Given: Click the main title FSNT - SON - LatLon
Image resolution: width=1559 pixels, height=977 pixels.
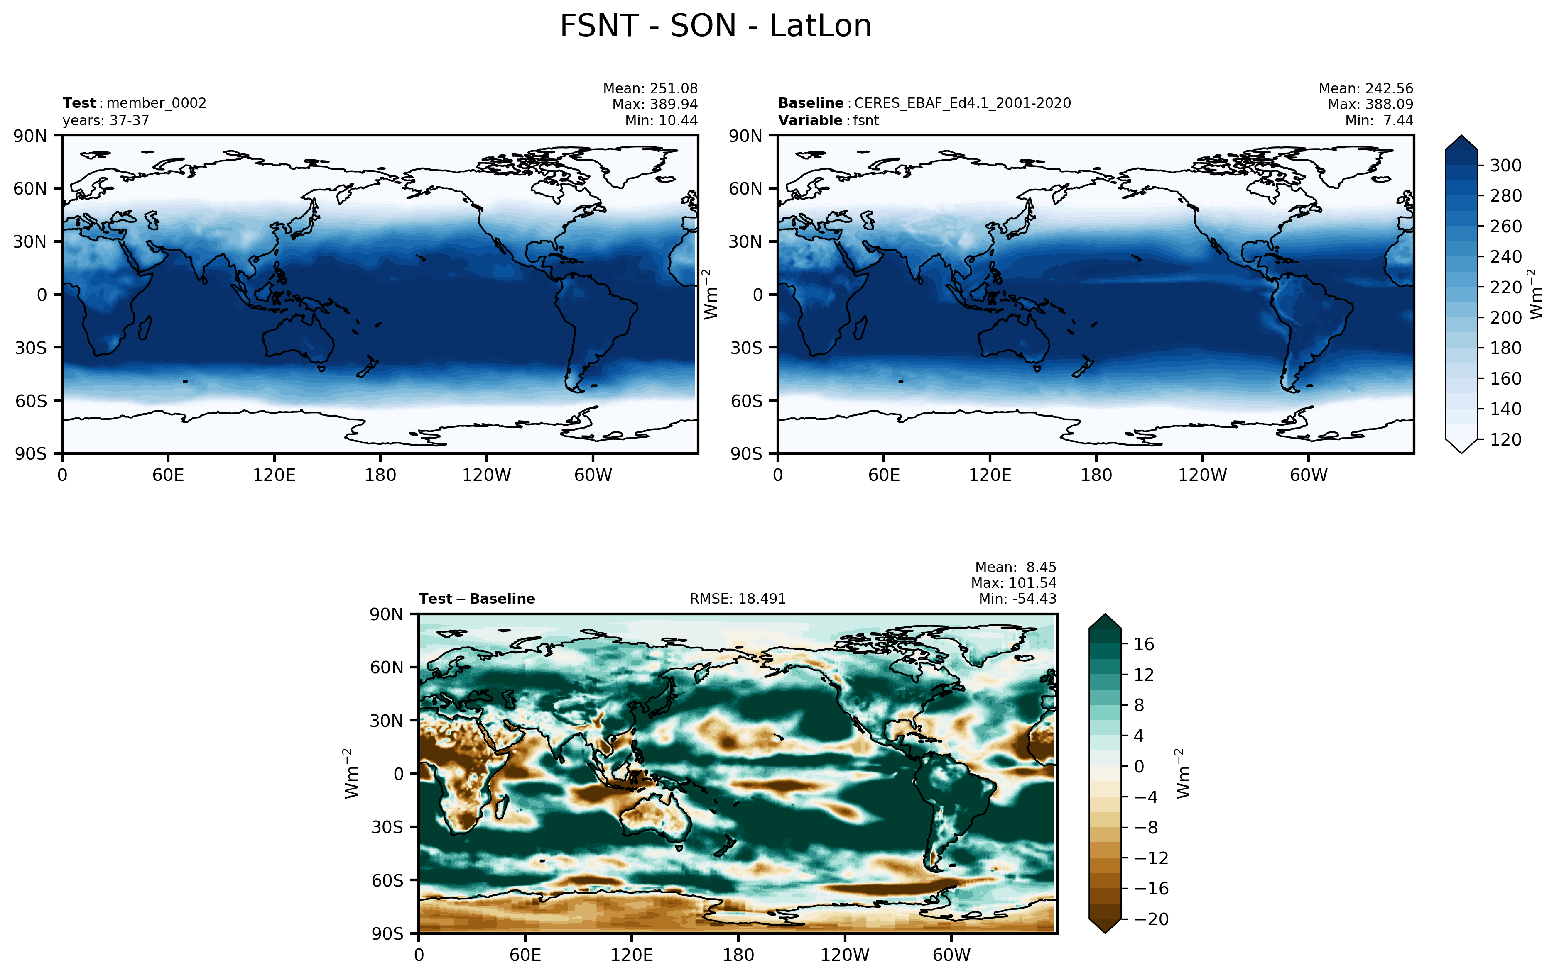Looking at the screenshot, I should (715, 27).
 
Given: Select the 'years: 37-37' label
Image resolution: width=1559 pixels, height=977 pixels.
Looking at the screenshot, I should (105, 121).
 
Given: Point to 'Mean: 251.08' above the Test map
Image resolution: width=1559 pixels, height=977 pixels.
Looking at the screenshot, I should (650, 88).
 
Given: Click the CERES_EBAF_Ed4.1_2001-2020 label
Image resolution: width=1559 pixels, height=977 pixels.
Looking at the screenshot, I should (962, 103).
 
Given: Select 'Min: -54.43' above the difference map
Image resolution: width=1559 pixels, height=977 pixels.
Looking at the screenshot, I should (1017, 599).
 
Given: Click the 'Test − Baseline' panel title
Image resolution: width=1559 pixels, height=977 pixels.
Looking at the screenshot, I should (477, 599).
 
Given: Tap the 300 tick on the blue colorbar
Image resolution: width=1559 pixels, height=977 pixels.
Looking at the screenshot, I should (1505, 166).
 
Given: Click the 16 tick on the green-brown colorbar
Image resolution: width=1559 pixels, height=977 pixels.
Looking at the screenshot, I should (1143, 644).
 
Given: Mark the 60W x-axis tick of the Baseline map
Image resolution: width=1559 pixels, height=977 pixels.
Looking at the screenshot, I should (1308, 475).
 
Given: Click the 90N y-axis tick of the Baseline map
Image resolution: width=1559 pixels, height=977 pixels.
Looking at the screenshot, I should (745, 136).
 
